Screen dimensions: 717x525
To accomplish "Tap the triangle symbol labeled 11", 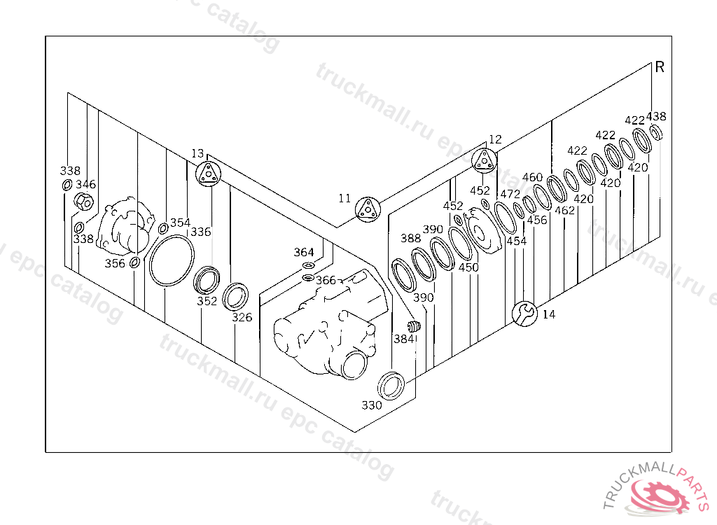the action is tap(366, 209).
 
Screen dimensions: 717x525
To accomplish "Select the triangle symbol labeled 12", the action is tap(484, 162).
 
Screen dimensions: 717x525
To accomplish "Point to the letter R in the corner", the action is tap(660, 68).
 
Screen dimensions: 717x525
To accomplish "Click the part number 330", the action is tap(372, 405).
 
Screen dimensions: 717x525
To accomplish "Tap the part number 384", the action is tap(403, 339).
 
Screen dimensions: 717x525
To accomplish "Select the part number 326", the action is tap(242, 317).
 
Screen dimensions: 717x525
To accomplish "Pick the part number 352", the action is tap(207, 302).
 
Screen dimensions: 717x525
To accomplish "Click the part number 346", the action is tap(86, 185).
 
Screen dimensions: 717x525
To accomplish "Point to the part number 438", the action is tap(656, 117).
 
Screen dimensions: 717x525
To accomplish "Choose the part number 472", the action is tap(510, 194).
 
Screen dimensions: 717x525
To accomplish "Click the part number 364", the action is tap(304, 252).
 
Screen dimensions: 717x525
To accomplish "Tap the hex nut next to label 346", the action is tap(83, 203).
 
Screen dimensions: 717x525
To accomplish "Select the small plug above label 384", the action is tap(413, 326).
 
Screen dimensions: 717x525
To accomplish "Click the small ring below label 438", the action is tap(657, 133).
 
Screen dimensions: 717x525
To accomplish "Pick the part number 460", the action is tap(532, 177).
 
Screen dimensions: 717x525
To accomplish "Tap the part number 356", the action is tap(115, 263).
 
